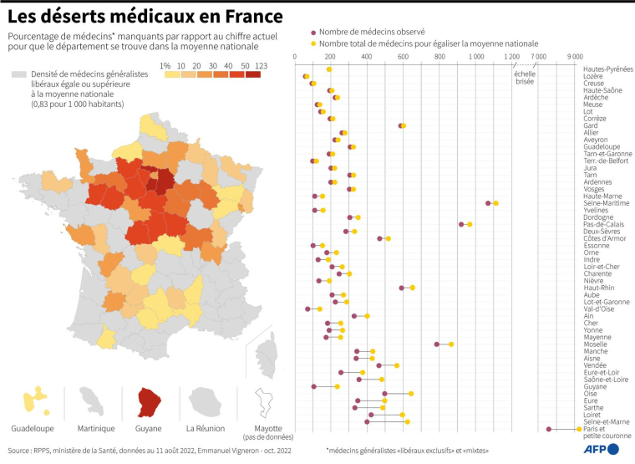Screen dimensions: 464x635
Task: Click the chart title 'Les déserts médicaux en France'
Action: [145, 17]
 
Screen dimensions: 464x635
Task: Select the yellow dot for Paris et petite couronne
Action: [579, 429]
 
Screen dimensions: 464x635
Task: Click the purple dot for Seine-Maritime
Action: [488, 203]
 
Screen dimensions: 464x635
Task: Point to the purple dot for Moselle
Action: [437, 344]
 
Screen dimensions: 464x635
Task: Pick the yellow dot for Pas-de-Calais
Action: [470, 224]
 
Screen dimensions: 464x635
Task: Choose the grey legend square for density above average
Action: [18, 74]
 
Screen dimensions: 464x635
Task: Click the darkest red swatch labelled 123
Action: [252, 74]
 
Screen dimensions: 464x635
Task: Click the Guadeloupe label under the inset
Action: [33, 429]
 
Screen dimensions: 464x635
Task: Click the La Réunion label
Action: [206, 429]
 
